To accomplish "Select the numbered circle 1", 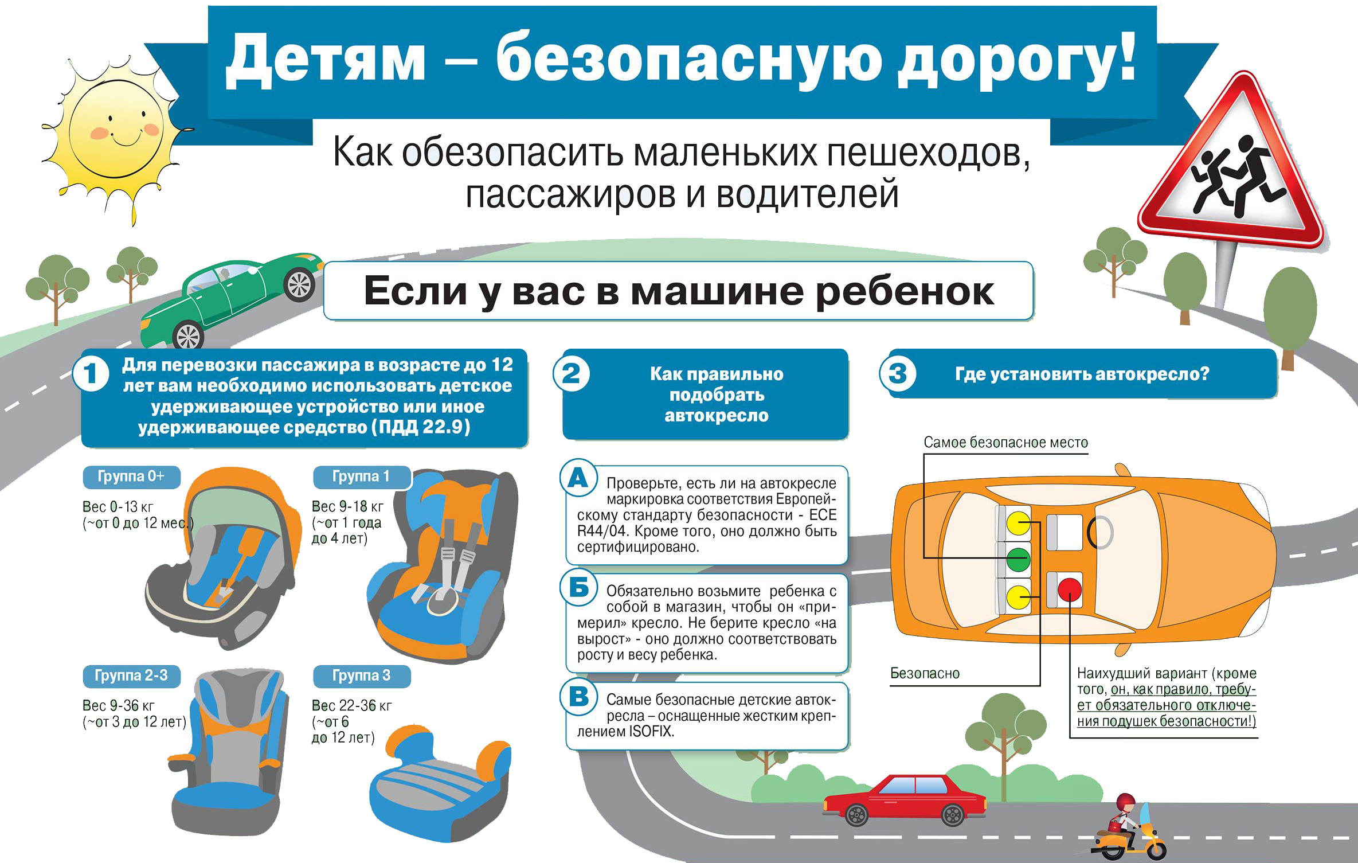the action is coord(91,374).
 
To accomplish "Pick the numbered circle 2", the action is coord(571,374).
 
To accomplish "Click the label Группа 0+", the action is coord(131,477).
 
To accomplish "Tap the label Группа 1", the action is coord(362,477).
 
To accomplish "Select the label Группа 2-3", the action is coord(131,675).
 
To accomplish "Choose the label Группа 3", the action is coord(362,675).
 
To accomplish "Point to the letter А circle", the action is coord(578,478).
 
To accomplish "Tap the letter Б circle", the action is coord(578,587).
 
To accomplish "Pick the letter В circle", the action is coord(578,697).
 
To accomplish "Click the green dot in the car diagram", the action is coord(1018,559).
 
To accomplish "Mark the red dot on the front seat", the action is coord(1070,589).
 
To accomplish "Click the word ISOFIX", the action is coord(651,732).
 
